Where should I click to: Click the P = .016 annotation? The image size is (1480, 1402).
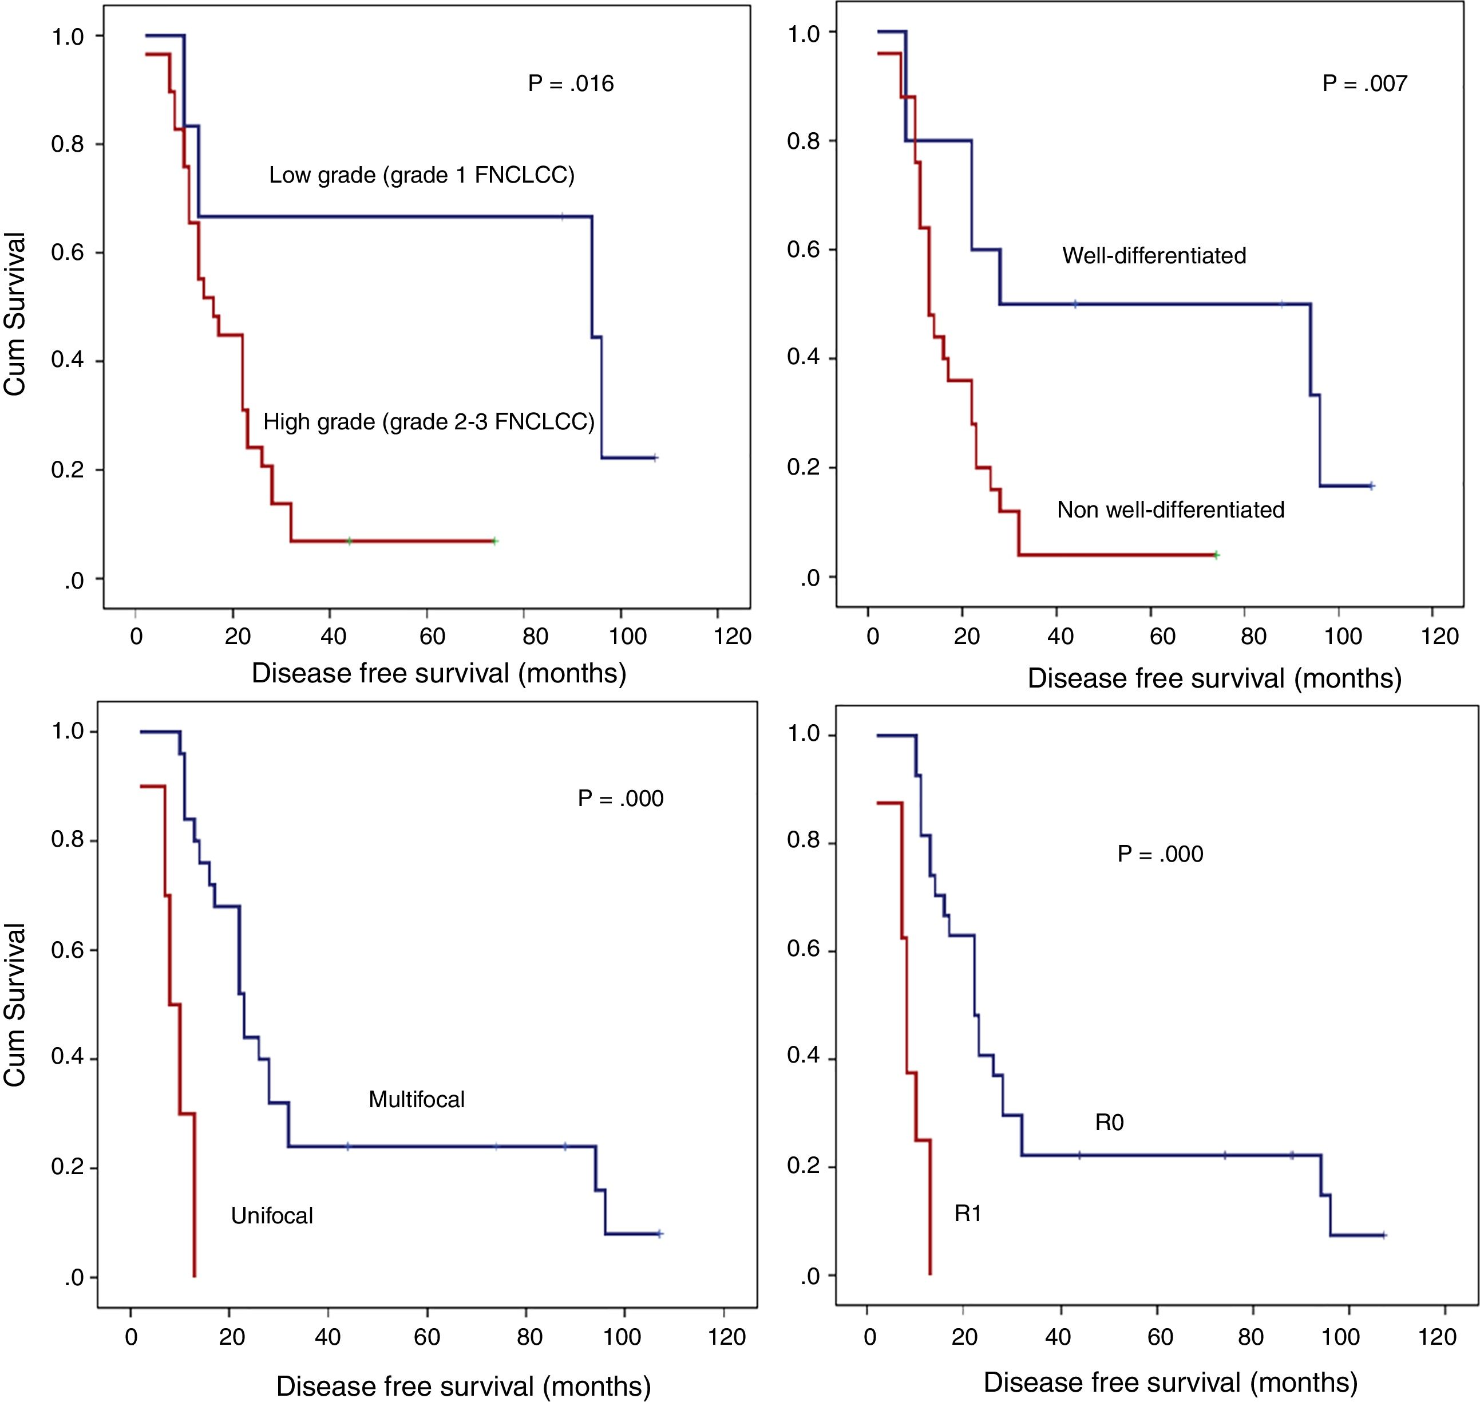571,83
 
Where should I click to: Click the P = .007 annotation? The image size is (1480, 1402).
1364,83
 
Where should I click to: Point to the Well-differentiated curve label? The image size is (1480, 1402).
1154,255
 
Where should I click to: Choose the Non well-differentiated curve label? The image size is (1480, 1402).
1170,510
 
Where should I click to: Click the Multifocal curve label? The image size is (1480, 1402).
416,1099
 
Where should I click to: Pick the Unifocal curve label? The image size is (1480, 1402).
272,1216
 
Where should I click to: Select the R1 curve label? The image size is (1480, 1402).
967,1214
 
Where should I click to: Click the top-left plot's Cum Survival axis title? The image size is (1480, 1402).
15,314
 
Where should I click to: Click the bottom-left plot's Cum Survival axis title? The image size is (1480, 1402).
15,1005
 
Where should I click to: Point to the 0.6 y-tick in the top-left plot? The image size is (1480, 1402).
67,252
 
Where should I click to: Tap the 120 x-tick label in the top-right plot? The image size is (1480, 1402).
1439,636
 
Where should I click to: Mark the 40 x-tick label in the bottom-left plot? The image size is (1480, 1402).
327,1336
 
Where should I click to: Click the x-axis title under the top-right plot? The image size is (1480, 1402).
1214,678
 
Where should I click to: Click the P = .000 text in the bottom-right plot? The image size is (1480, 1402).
1160,854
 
